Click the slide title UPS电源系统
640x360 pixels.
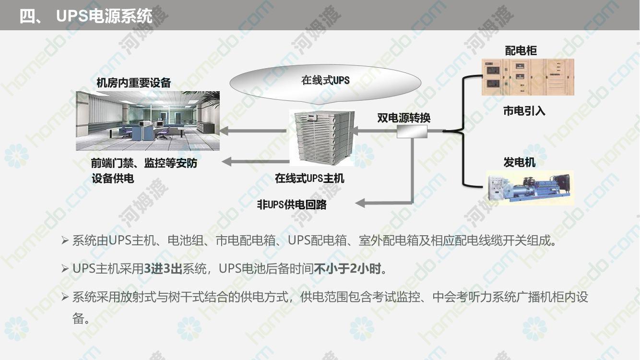coord(104,16)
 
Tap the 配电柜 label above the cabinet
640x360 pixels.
coord(521,50)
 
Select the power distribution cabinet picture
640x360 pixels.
coord(528,77)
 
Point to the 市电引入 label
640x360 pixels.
coord(524,111)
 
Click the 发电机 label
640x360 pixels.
coord(519,162)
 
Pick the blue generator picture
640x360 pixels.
coord(530,188)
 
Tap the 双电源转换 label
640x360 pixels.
coord(403,118)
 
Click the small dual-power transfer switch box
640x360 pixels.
coord(412,132)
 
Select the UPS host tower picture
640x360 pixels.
coord(322,138)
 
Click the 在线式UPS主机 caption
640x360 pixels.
coord(309,179)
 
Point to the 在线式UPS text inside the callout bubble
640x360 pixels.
coord(325,80)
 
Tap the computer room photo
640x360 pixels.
coord(148,120)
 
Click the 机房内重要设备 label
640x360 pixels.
coord(133,83)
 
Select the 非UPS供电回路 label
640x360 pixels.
coord(292,205)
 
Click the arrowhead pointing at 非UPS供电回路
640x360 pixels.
coord(360,204)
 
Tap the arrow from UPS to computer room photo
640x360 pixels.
coord(253,131)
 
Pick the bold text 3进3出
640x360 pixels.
coord(163,268)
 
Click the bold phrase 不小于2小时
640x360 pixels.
coord(347,268)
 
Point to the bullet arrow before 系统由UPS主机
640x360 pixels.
coord(65,240)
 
